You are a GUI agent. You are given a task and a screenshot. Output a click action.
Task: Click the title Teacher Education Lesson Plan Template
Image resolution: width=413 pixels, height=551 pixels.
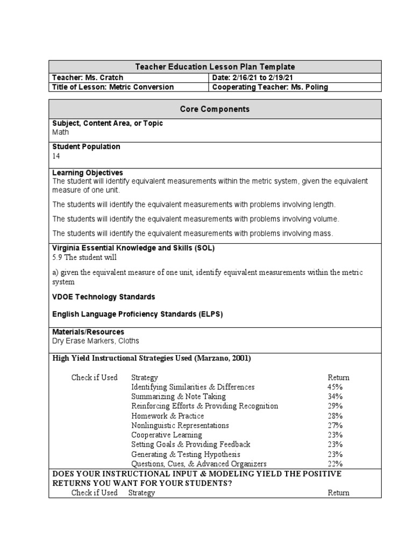(215, 67)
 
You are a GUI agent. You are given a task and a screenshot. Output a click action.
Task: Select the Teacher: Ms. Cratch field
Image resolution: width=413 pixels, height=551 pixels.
(88, 77)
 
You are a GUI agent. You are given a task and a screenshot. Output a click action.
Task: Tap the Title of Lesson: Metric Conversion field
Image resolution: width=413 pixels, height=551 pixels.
(113, 87)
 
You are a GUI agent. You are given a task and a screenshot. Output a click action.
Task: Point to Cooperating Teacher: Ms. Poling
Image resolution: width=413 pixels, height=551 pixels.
(270, 87)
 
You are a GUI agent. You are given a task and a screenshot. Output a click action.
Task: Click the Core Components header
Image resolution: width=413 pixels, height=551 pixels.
(215, 109)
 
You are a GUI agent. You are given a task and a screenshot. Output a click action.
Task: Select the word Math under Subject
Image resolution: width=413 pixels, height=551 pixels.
(61, 132)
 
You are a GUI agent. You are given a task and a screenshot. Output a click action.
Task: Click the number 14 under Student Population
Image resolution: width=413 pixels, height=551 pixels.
(56, 156)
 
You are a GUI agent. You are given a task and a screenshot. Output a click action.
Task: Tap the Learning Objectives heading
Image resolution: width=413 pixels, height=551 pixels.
(88, 173)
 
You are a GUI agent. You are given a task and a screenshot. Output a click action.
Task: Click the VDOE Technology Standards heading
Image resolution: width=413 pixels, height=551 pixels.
(104, 297)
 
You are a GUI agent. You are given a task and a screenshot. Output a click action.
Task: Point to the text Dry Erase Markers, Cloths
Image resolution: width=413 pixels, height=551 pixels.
(95, 341)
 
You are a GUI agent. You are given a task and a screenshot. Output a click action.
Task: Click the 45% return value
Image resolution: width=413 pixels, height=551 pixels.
(335, 387)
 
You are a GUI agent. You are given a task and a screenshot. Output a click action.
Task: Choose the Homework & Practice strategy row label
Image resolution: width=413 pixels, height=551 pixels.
(168, 416)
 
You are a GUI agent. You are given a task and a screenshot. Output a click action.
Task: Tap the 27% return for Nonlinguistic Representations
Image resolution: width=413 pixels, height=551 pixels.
(335, 425)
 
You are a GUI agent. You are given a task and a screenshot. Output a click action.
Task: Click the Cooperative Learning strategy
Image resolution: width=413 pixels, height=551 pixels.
(167, 435)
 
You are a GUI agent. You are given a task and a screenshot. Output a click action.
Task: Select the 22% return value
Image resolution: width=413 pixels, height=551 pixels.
(335, 464)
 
